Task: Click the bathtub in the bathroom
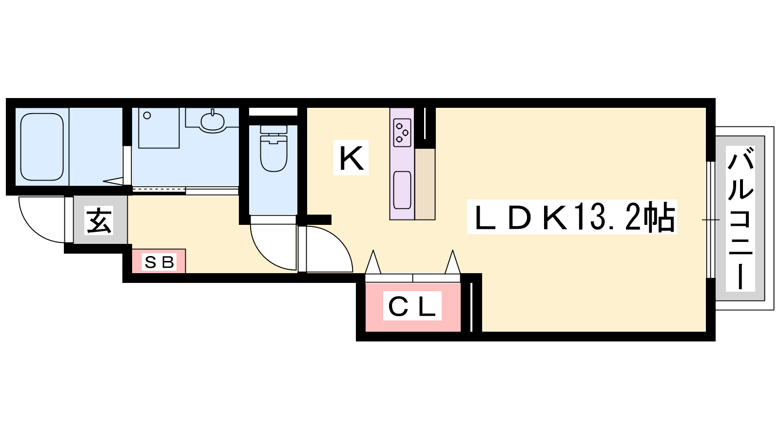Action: tap(42, 147)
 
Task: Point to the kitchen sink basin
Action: tap(402, 190)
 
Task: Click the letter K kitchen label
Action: tap(351, 158)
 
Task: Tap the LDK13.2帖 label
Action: tap(571, 217)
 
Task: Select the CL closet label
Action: tap(412, 306)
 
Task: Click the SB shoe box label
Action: tap(159, 262)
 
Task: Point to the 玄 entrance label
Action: tap(99, 220)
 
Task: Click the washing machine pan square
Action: tap(159, 128)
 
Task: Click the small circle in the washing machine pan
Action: tap(147, 116)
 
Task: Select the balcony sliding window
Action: tap(710, 219)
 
